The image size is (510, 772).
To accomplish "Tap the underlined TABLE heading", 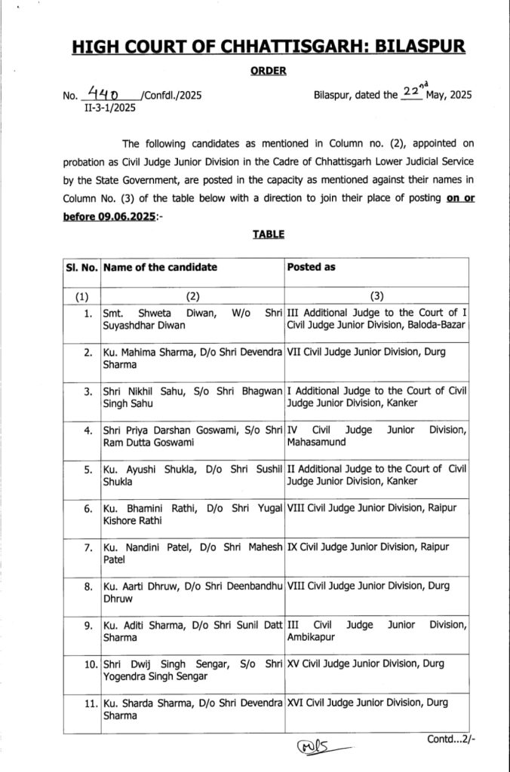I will click(x=268, y=234).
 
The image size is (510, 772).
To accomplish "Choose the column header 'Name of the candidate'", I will click(x=160, y=267).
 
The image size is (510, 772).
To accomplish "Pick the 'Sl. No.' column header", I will click(x=81, y=267).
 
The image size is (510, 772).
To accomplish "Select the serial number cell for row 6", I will click(x=88, y=508).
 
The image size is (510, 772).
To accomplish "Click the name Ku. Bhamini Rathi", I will click(x=142, y=508).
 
